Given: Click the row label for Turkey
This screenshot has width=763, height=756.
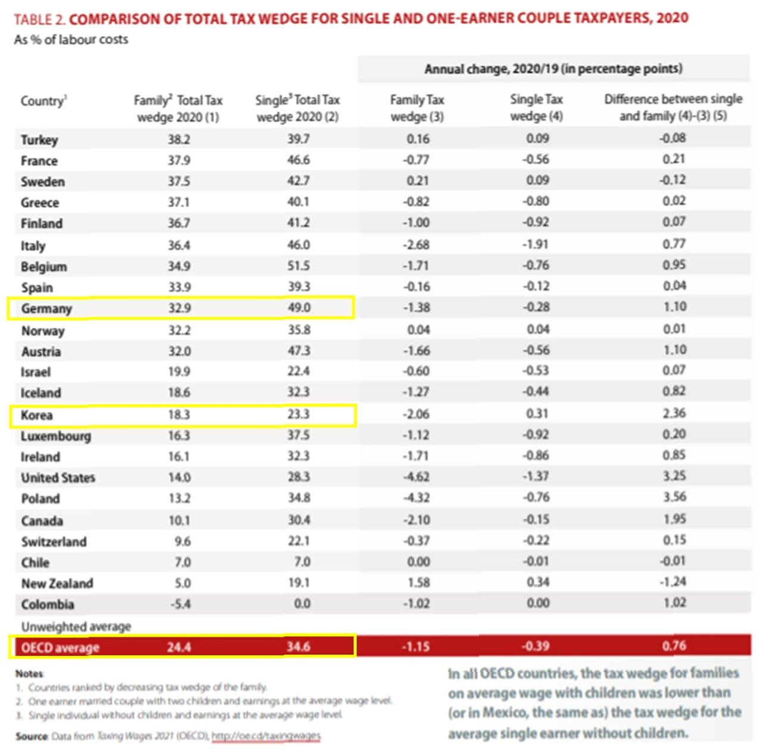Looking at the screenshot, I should point(39,140).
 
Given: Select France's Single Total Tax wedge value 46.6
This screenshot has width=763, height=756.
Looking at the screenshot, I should point(298,160).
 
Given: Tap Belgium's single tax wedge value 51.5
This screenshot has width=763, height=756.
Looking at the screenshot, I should point(298,266).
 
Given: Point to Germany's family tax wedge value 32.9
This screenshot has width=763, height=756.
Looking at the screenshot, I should point(179,308).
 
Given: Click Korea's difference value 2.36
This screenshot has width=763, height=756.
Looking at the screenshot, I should point(674,413).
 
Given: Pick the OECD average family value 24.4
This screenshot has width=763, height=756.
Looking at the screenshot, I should point(179,647).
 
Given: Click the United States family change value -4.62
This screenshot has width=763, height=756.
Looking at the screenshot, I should point(416,477).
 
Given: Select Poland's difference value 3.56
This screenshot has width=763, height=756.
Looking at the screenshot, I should point(674,497).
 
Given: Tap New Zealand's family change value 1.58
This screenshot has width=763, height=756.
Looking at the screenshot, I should point(418,583).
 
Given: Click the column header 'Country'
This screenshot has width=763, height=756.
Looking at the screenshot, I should point(43,101).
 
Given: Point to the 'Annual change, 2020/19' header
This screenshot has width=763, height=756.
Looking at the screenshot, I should point(553,69).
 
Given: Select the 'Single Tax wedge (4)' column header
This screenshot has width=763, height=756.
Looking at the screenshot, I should point(536,108).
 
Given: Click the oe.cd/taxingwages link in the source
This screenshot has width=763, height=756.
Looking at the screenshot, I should point(266,736).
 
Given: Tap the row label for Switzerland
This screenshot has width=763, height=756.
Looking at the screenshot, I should point(54,542).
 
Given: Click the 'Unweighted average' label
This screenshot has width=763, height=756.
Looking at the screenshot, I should point(76,627).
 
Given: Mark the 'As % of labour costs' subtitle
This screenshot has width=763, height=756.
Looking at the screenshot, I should point(71,40).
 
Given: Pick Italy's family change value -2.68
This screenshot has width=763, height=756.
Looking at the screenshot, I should point(416,245).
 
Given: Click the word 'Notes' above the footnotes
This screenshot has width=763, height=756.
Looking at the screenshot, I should point(29,674).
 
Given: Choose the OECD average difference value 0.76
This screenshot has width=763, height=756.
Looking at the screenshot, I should point(674,646).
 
